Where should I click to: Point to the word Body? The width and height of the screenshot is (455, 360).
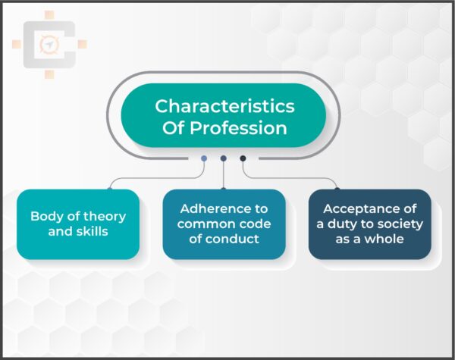46,216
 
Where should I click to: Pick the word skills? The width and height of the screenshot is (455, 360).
90,231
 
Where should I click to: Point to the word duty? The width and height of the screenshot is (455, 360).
346,224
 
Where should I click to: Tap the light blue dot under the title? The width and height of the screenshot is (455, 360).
204,158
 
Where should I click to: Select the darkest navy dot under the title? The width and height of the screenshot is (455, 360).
243,158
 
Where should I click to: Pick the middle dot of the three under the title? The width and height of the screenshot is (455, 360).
224,158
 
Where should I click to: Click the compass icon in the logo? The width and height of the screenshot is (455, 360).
47,45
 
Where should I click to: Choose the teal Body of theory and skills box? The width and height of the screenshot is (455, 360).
78,224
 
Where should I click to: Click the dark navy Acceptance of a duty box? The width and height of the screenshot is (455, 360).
369,224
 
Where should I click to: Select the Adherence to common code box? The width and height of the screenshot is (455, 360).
224,224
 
